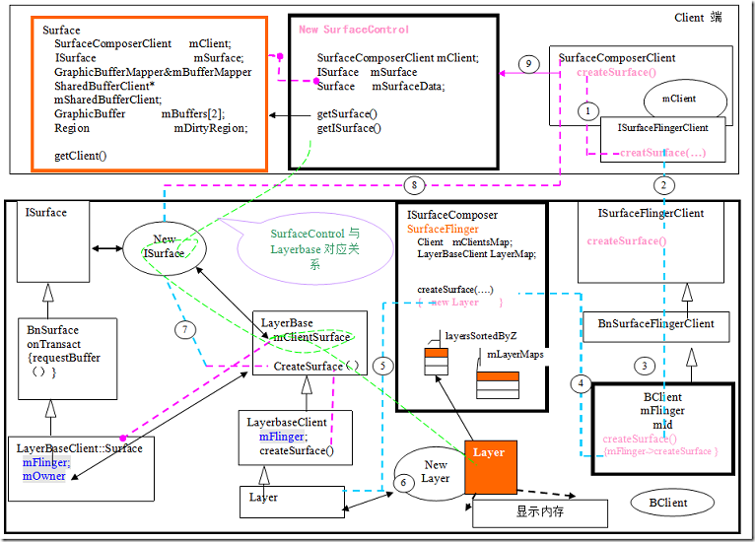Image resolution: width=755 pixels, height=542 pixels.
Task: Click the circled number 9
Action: [x=528, y=64]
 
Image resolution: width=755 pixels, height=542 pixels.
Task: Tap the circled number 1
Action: [x=588, y=112]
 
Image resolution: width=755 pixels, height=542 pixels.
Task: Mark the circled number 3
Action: [x=647, y=366]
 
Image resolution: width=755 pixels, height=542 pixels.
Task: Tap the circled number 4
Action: [x=582, y=382]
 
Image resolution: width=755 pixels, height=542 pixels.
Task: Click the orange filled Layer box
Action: [x=490, y=468]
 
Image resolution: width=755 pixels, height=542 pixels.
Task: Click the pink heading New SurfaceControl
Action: [x=354, y=30]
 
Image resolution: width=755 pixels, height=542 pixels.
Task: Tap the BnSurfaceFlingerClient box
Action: [x=655, y=323]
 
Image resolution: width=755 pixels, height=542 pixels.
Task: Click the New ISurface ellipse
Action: [x=164, y=246]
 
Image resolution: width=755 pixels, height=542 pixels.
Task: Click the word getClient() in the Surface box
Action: [x=81, y=156]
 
